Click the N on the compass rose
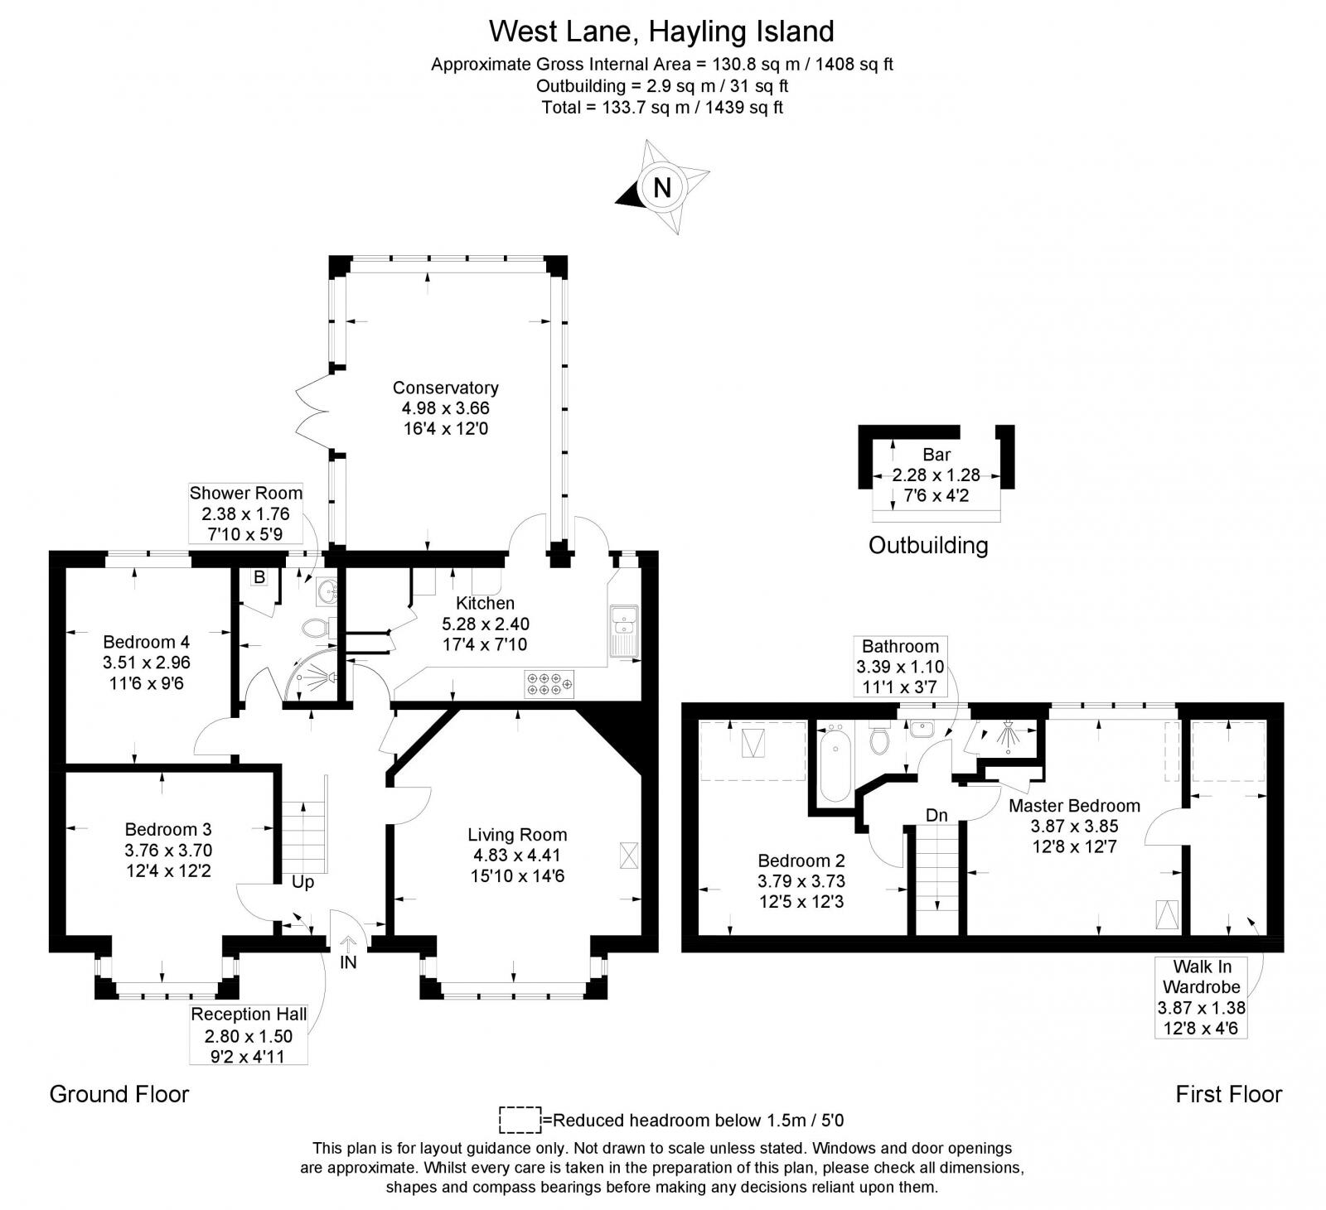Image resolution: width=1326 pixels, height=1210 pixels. point(661,187)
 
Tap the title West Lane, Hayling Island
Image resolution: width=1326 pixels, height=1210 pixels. point(661,31)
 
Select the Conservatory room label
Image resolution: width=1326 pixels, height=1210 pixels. point(445,388)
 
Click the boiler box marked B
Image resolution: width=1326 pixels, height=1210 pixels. point(259,577)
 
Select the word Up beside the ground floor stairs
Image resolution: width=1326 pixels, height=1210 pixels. point(302,882)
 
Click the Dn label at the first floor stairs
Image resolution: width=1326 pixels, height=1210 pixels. point(936,815)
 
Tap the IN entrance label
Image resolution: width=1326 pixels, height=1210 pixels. point(348,962)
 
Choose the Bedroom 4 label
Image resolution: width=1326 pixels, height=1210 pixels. point(146,642)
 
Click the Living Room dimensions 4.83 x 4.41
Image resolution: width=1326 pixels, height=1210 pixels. point(517,856)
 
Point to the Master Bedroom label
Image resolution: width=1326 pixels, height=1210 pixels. point(1074,805)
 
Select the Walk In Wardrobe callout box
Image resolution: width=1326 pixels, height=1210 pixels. point(1201,997)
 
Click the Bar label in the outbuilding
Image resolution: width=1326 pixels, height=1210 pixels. point(936,455)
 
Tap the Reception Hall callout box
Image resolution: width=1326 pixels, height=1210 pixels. point(249,1034)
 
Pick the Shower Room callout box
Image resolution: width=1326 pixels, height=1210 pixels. point(246,513)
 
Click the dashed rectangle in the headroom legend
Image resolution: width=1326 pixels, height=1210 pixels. point(520,1120)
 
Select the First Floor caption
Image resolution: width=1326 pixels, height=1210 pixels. point(1228,1094)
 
